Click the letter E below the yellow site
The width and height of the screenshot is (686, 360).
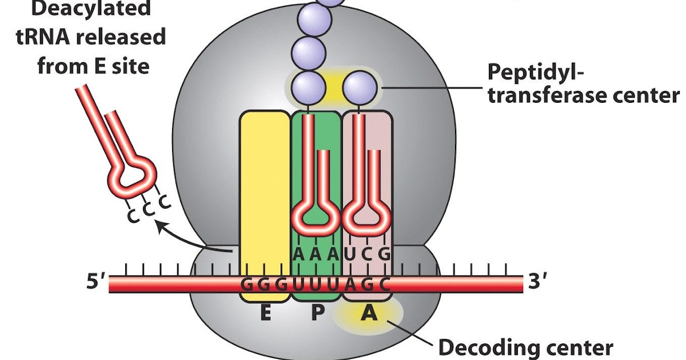[x=265, y=314]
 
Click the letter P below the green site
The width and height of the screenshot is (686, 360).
[x=316, y=314]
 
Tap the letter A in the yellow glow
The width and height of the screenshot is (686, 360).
[x=368, y=314]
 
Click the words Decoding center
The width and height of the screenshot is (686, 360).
[x=525, y=347]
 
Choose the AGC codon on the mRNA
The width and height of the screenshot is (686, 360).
[x=367, y=284]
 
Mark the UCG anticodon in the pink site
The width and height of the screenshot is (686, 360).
[x=367, y=254]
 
